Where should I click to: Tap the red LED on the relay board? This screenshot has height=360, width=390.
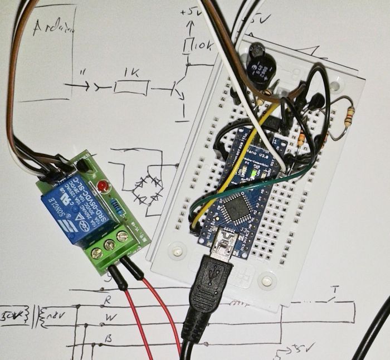[101, 185]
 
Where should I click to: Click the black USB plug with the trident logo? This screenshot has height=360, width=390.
[209, 290]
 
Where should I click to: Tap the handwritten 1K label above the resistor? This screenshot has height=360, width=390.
[133, 73]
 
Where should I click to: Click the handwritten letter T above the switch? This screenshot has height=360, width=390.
[335, 290]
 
